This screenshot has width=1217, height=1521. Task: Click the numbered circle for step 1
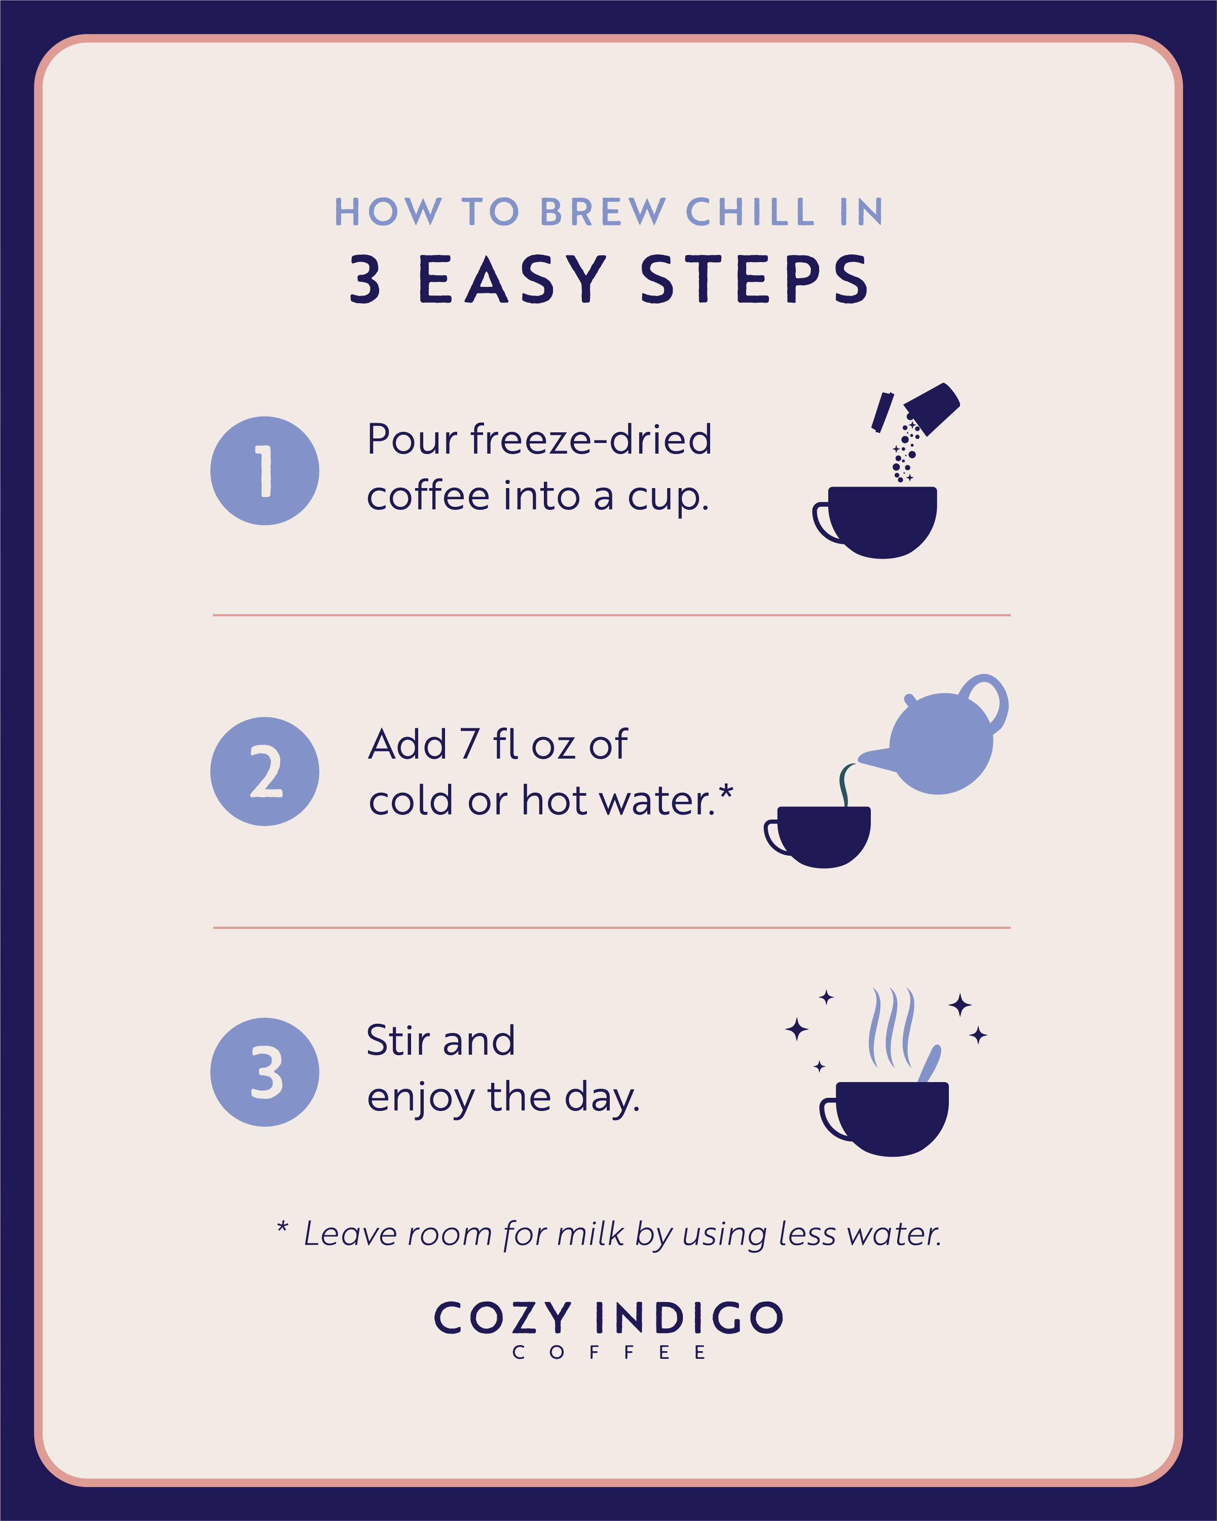[265, 470]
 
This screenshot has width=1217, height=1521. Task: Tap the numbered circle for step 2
[265, 771]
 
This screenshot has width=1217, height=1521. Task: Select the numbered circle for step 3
[265, 1071]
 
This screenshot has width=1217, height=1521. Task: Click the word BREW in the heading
[603, 212]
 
